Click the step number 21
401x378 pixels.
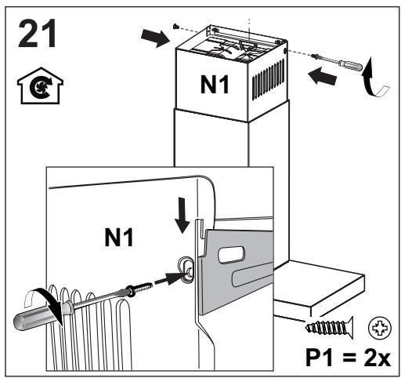pyautogui.click(x=38, y=33)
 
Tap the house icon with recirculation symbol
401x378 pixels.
pyautogui.click(x=40, y=85)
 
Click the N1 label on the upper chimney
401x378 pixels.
pyautogui.click(x=215, y=85)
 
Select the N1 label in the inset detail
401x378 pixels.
pyautogui.click(x=119, y=237)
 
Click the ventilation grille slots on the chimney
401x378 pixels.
pyautogui.click(x=268, y=80)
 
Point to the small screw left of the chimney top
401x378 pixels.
pyautogui.click(x=175, y=26)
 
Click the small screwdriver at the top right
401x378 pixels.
pyautogui.click(x=337, y=62)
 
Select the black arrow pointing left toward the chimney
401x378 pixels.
pyautogui.click(x=322, y=76)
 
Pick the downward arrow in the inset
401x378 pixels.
pyautogui.click(x=182, y=215)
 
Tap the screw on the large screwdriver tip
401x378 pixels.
pyautogui.click(x=139, y=289)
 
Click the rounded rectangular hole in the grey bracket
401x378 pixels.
pyautogui.click(x=232, y=254)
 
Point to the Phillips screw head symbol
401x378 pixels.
pyautogui.click(x=380, y=328)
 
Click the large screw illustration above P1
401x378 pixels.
pyautogui.click(x=330, y=328)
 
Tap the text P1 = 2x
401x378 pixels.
pyautogui.click(x=348, y=358)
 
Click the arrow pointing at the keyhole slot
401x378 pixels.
pyautogui.click(x=168, y=279)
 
